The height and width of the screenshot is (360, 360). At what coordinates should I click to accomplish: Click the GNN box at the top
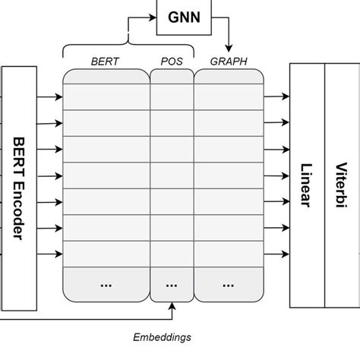(x=184, y=17)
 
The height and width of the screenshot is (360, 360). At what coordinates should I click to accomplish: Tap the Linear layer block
(x=307, y=187)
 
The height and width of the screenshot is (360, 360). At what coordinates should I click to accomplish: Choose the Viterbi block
(x=341, y=187)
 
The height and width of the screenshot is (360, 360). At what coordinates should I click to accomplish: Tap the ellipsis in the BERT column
(x=106, y=283)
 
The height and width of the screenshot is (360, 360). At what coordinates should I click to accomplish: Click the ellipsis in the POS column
(x=172, y=283)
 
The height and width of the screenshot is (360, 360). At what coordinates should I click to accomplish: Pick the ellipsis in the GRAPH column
(x=229, y=283)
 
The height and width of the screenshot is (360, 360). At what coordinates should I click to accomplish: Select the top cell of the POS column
(x=172, y=96)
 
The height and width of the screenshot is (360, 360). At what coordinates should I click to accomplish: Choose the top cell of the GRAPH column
(x=229, y=96)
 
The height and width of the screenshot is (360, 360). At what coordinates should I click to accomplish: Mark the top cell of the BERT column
(x=106, y=96)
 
